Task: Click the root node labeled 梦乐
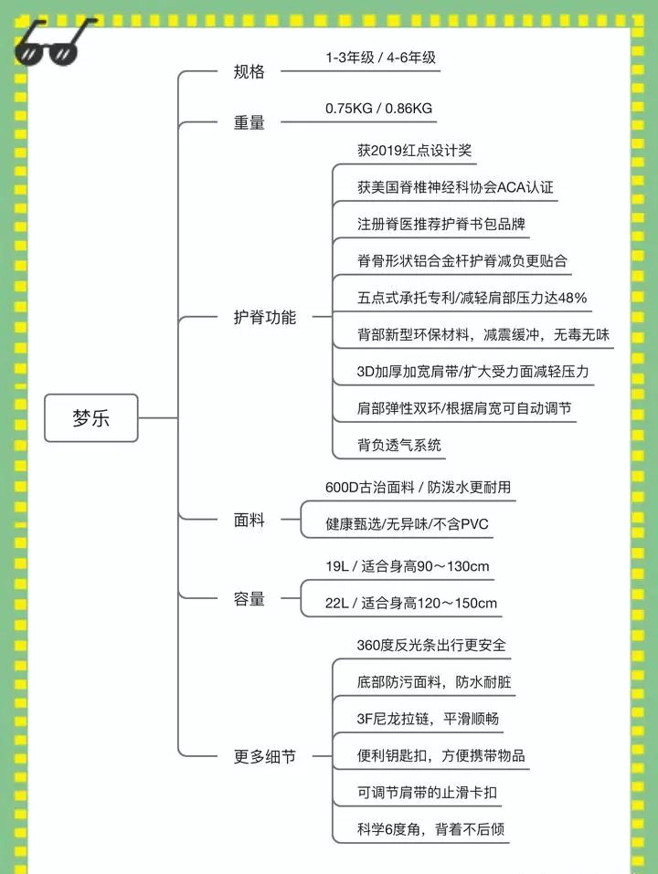(90, 418)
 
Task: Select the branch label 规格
(249, 72)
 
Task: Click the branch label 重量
(249, 122)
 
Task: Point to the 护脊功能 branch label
(264, 317)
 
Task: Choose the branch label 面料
(249, 520)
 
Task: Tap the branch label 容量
(249, 598)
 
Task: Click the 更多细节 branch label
(264, 756)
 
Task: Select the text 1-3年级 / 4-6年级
(380, 58)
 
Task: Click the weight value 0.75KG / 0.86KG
(378, 108)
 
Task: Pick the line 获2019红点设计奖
(414, 151)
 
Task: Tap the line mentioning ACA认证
(455, 187)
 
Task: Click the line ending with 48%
(472, 298)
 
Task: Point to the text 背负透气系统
(399, 445)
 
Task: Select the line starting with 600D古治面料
(418, 487)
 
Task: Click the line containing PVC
(407, 524)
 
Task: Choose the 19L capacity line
(407, 566)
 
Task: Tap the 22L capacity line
(411, 603)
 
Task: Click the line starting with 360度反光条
(431, 646)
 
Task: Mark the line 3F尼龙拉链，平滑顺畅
(428, 719)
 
